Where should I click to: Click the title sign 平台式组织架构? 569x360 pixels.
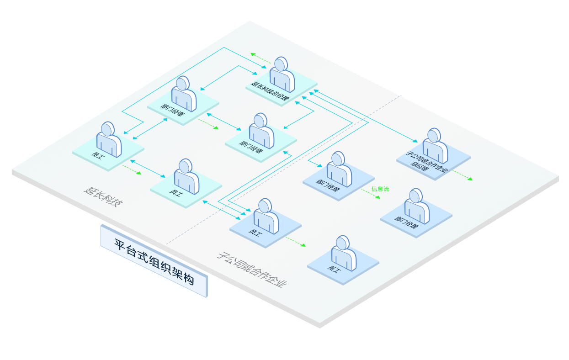tap(154, 261)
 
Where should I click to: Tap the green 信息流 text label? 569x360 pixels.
tap(380, 189)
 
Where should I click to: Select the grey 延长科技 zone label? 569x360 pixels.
tap(104, 197)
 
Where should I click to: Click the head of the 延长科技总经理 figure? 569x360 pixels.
tap(281, 64)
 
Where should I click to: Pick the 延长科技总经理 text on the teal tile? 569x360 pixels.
tap(270, 91)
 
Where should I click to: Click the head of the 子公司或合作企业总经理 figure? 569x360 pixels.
tap(434, 135)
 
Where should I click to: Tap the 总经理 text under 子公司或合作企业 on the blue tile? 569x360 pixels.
tap(420, 166)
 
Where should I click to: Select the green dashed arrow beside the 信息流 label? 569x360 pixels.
tap(371, 194)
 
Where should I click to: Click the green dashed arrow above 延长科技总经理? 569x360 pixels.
tap(261, 58)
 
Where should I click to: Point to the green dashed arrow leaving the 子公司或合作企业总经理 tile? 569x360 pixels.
tap(463, 175)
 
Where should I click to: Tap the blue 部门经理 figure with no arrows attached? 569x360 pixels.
tap(417, 206)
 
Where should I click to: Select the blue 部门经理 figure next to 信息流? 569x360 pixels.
tap(339, 169)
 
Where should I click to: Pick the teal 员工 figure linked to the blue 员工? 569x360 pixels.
tap(186, 176)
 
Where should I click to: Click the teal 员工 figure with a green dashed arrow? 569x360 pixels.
tap(109, 139)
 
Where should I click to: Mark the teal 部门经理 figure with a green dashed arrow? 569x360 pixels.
tap(184, 94)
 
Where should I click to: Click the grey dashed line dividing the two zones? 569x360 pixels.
tap(283, 169)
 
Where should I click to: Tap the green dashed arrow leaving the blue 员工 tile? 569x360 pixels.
tap(295, 242)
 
